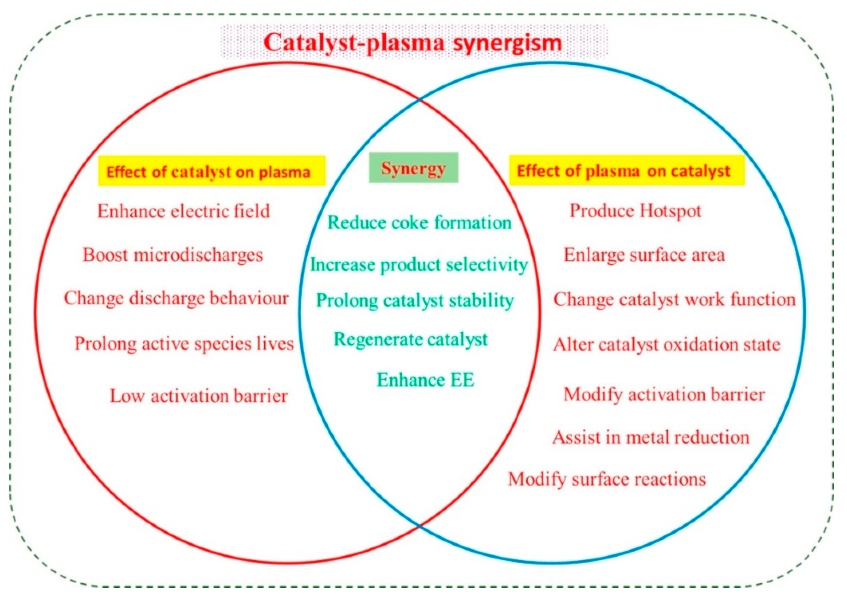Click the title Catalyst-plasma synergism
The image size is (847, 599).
click(x=413, y=42)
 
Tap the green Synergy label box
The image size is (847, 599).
click(x=414, y=168)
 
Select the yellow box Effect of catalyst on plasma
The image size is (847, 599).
click(x=211, y=171)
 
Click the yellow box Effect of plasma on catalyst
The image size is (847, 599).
click(x=627, y=170)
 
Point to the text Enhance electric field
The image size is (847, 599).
click(x=183, y=211)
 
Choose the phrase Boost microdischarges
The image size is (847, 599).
click(x=173, y=255)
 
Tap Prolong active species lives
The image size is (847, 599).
click(x=184, y=344)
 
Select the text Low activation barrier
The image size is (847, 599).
click(x=199, y=396)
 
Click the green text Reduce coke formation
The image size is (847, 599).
click(x=420, y=222)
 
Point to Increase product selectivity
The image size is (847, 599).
click(x=419, y=265)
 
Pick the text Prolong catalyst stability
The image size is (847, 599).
click(x=415, y=300)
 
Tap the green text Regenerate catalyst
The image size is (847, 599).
click(x=410, y=339)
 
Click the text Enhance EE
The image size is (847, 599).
click(x=425, y=380)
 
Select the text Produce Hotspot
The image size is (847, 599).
click(x=635, y=211)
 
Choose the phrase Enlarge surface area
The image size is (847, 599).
click(x=644, y=255)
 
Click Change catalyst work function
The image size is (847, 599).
click(x=674, y=299)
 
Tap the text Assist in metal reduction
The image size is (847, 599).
click(x=651, y=437)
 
